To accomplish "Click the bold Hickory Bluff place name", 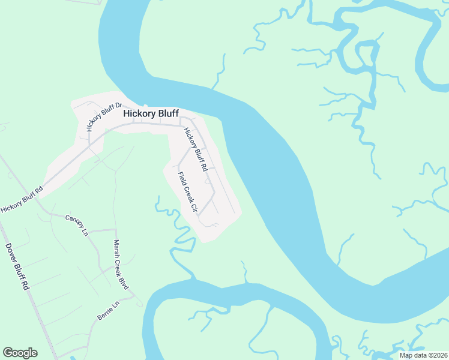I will tap(151, 113).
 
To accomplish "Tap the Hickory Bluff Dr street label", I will tap(100, 115).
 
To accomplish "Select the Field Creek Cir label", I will tap(187, 193).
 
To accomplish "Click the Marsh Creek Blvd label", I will tap(121, 265).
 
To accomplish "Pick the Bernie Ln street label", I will tap(109, 310).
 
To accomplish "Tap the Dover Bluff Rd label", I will tap(17, 267).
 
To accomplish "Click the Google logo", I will tap(20, 353).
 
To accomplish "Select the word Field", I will tap(181, 178).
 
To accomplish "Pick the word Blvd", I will tap(126, 281).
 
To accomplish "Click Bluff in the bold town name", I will tap(167, 113).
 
